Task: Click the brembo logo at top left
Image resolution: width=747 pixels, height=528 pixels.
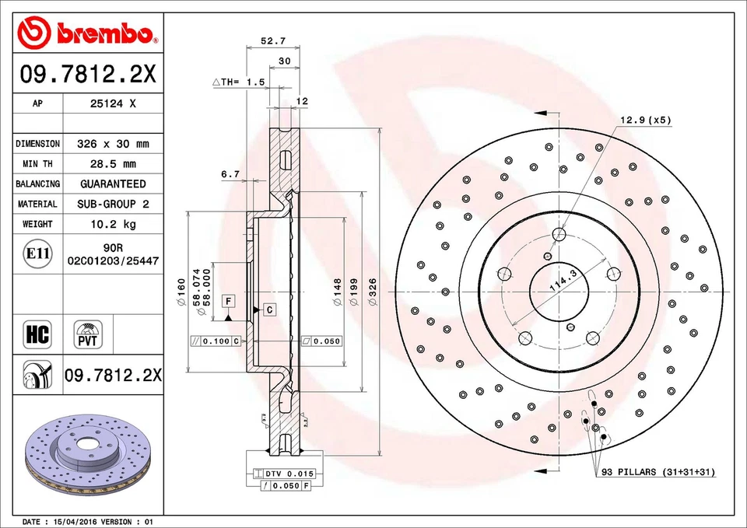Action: coord(88,32)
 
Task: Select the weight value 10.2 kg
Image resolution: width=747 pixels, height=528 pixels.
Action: coord(113,224)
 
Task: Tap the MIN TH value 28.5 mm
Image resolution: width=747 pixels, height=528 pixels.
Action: coord(113,164)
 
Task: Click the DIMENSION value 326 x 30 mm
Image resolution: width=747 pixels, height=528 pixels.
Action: coord(113,144)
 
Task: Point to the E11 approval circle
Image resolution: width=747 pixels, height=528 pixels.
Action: coord(37,254)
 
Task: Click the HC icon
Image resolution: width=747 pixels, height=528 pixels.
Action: coord(37,334)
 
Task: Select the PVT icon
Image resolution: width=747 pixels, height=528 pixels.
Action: coord(87,334)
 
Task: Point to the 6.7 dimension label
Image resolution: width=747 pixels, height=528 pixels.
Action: coord(230,174)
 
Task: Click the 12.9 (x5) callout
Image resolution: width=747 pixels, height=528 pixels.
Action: coord(645,120)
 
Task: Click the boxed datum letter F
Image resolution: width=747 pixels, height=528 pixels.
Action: coord(229,300)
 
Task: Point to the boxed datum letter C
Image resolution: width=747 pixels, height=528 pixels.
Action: coord(269,309)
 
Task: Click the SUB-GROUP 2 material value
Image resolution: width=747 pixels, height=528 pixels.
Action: coord(113,204)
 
